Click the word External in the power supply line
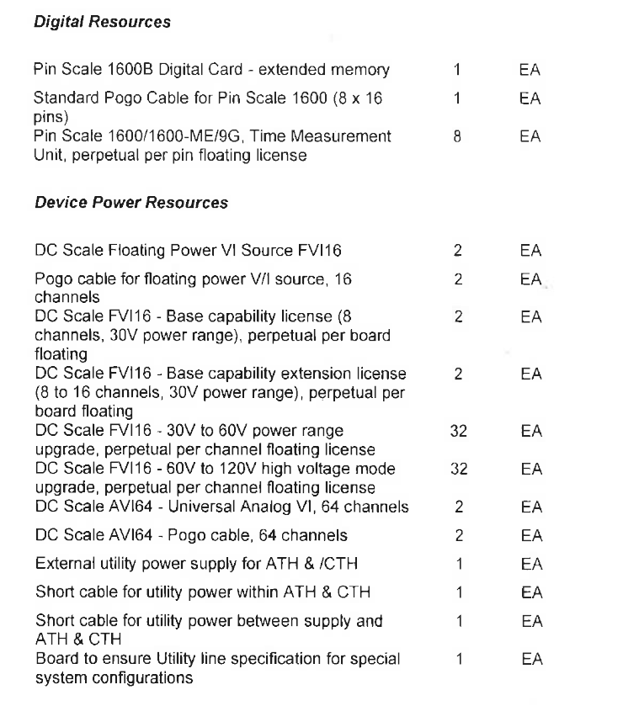[x=61, y=561]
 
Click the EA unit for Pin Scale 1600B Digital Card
[x=530, y=69]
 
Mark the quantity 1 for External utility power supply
[x=458, y=561]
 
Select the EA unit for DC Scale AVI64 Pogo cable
[x=530, y=534]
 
